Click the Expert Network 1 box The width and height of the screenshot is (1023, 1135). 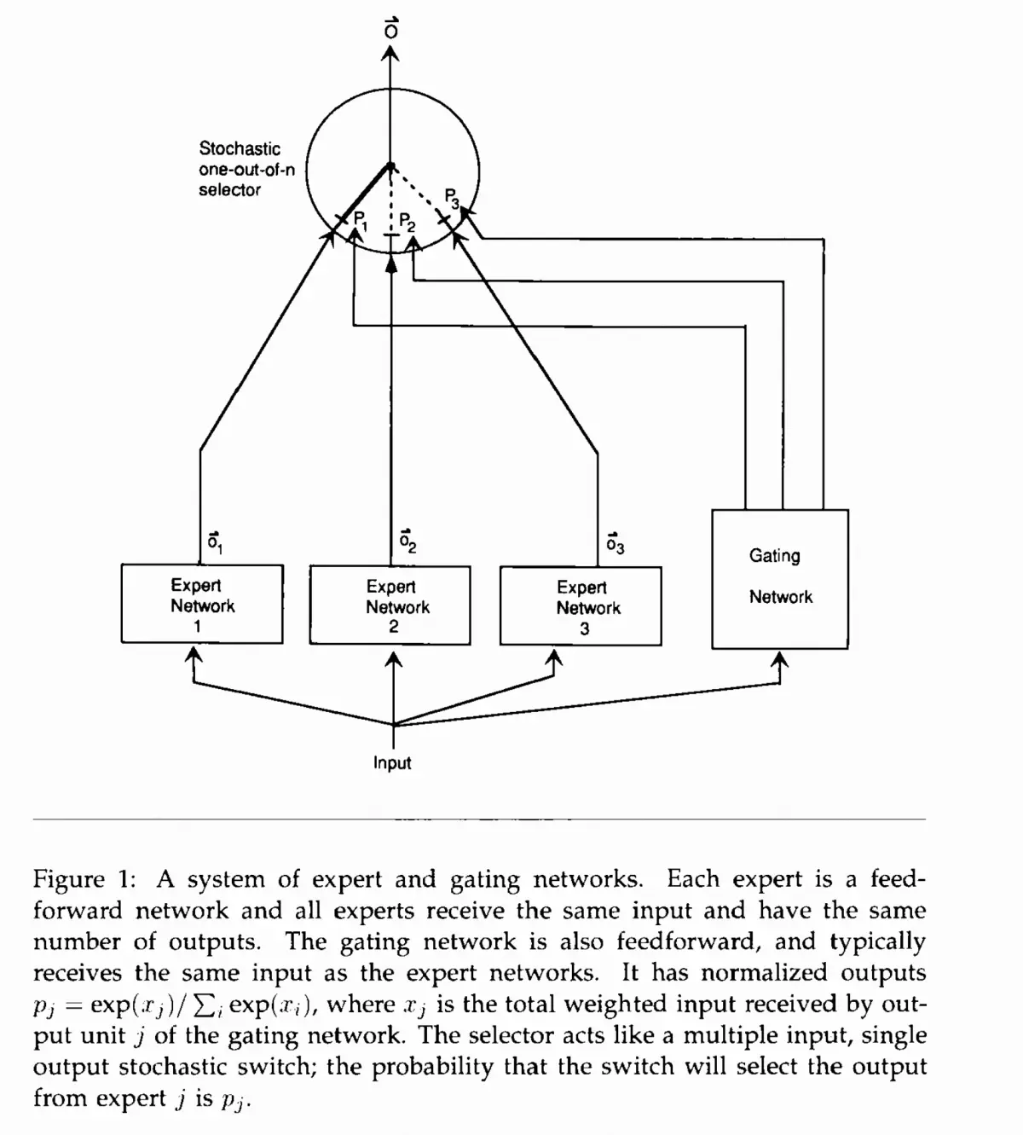(202, 604)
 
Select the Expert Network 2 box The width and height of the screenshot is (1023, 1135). (390, 605)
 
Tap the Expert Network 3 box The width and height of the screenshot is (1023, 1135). (581, 606)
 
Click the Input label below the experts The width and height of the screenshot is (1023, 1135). (392, 763)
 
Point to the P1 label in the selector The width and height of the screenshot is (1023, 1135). (361, 220)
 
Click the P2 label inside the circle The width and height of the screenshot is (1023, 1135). (407, 223)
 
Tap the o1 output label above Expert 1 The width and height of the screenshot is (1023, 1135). (215, 541)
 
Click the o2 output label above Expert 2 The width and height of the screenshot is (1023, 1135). (407, 541)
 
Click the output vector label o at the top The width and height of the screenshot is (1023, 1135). (390, 28)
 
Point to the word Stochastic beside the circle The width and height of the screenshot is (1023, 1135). (240, 149)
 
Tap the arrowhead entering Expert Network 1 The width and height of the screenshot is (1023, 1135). (194, 653)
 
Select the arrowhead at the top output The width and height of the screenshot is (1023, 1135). (390, 53)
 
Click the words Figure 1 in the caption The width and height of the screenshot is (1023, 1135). (81, 879)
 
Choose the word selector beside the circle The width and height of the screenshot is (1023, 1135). (229, 190)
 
